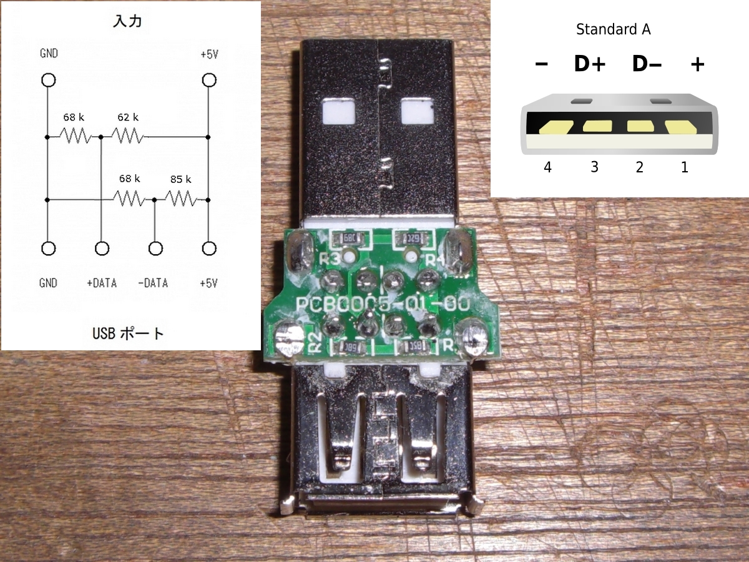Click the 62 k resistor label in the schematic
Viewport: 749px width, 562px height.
click(127, 117)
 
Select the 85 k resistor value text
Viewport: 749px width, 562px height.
click(180, 180)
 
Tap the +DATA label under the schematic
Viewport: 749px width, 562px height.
click(102, 283)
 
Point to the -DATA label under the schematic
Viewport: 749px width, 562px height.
click(153, 283)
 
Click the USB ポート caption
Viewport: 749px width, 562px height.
click(128, 333)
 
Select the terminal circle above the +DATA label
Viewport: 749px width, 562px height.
click(102, 249)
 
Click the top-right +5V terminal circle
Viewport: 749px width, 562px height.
click(208, 81)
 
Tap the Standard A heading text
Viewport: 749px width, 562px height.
click(613, 29)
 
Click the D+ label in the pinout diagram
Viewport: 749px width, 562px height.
click(589, 64)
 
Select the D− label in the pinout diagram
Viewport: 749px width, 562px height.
click(647, 64)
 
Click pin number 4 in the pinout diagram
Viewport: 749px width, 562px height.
click(547, 167)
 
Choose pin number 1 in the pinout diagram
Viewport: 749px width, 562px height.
click(685, 167)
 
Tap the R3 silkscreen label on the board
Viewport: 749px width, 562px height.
click(330, 257)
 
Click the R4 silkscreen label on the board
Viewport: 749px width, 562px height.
click(433, 259)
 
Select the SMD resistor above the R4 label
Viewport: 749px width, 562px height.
click(412, 239)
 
